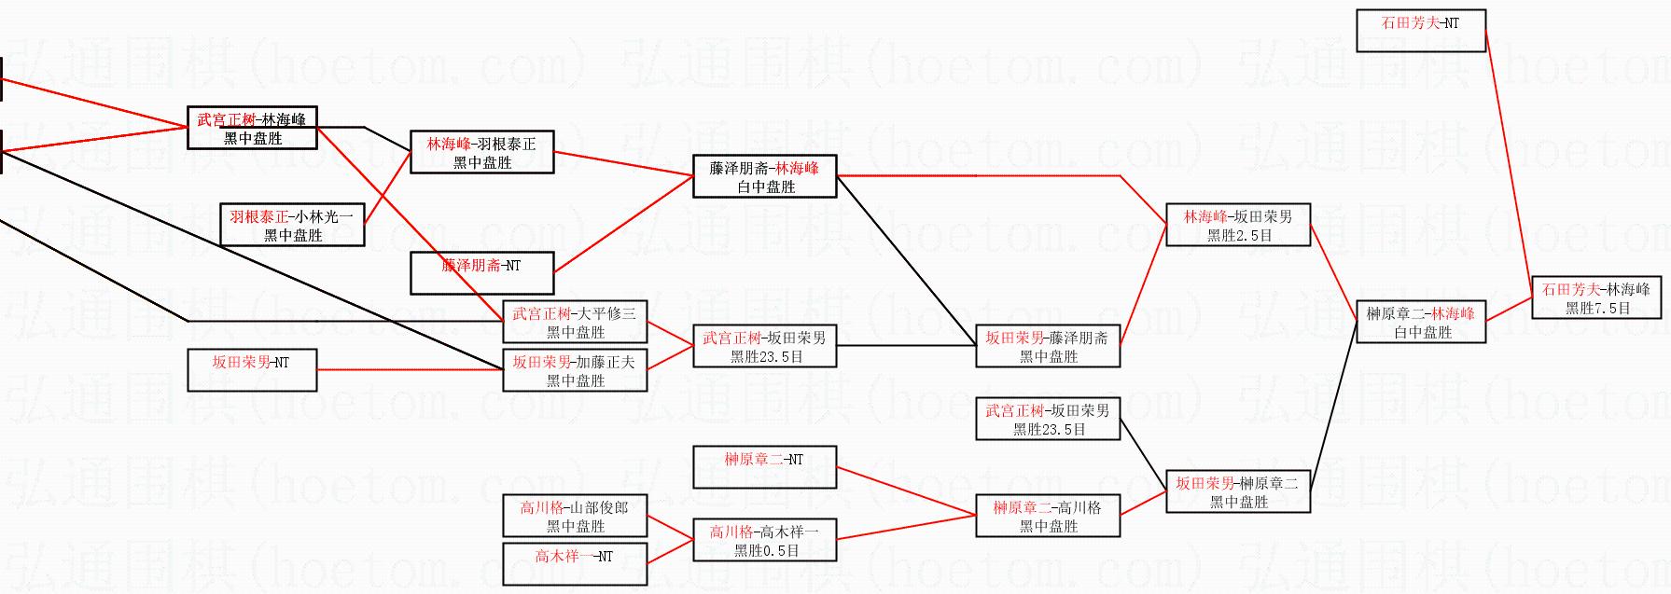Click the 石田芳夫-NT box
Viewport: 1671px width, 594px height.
pyautogui.click(x=1420, y=31)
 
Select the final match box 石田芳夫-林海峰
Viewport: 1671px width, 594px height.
pyautogui.click(x=1596, y=298)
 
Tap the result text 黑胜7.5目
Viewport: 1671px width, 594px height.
pyautogui.click(x=1597, y=309)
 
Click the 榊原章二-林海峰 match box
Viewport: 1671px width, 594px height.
pyautogui.click(x=1420, y=322)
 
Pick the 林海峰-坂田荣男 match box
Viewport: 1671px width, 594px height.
pyautogui.click(x=1238, y=226)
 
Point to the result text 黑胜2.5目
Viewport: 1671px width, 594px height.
pyautogui.click(x=1239, y=236)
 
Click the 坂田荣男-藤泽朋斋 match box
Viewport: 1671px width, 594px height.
pyautogui.click(x=1047, y=346)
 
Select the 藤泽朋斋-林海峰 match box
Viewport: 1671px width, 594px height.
pyautogui.click(x=764, y=176)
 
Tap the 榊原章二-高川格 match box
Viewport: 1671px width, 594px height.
pyautogui.click(x=1047, y=516)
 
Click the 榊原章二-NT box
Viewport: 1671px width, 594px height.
pyautogui.click(x=764, y=467)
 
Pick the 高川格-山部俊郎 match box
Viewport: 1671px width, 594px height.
pyautogui.click(x=575, y=516)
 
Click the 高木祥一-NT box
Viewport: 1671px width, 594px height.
pyautogui.click(x=575, y=564)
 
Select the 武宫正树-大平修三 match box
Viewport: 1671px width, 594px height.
pyautogui.click(x=575, y=322)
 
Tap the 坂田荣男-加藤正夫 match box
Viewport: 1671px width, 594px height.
pyautogui.click(x=575, y=370)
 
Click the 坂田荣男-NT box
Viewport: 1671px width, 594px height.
pyautogui.click(x=251, y=370)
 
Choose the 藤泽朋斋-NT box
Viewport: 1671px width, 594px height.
pyautogui.click(x=481, y=273)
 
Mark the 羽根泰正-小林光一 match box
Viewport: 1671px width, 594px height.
pyautogui.click(x=292, y=225)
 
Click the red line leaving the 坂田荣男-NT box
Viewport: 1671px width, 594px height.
pyautogui.click(x=411, y=369)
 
